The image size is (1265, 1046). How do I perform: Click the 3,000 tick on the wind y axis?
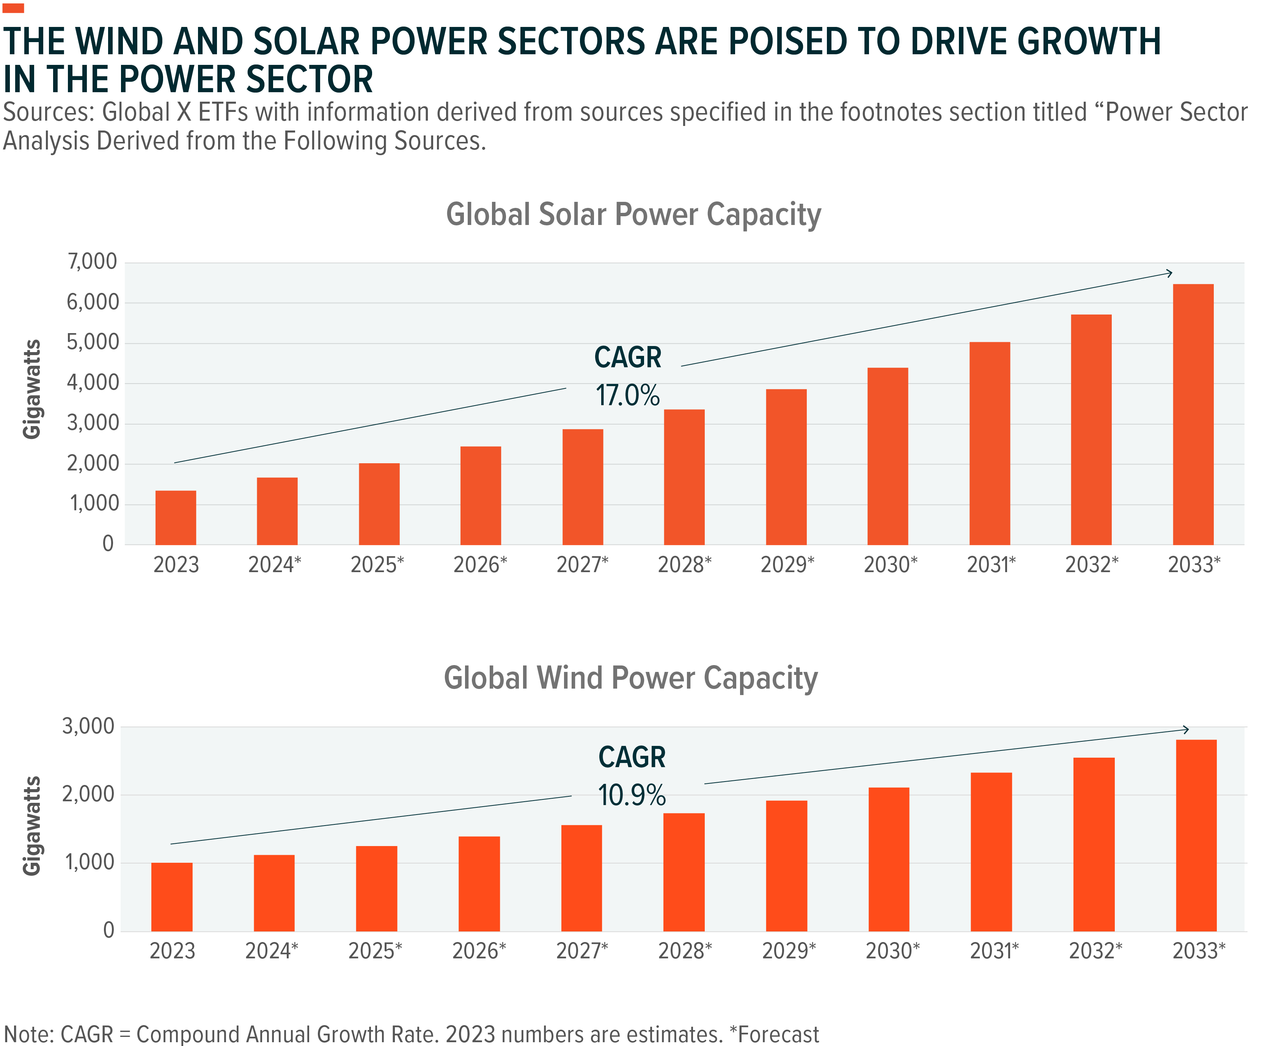coord(88,726)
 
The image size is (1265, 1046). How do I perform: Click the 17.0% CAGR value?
coord(628,396)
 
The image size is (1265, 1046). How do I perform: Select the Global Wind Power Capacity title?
coord(631,678)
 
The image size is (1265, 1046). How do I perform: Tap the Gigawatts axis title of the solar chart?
coord(31,389)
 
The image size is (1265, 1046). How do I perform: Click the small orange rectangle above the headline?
coord(13,8)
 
